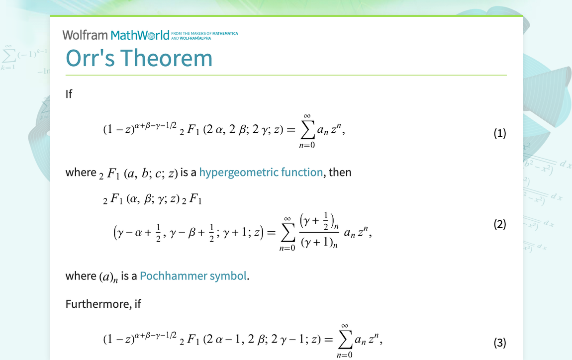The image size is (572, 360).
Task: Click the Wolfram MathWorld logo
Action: pyautogui.click(x=116, y=35)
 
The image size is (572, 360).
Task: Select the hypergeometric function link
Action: pyautogui.click(x=261, y=172)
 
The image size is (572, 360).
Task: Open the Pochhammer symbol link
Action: pyautogui.click(x=193, y=275)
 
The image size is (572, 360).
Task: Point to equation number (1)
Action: pyautogui.click(x=499, y=133)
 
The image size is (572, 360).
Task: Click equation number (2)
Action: pyautogui.click(x=499, y=224)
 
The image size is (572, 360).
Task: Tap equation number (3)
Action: pyautogui.click(x=499, y=343)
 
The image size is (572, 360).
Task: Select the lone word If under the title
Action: pyautogui.click(x=69, y=93)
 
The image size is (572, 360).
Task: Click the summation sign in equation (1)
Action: pyautogui.click(x=307, y=131)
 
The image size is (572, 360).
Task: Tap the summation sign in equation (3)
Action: pyautogui.click(x=344, y=340)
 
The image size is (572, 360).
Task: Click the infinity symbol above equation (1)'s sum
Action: pyautogui.click(x=307, y=116)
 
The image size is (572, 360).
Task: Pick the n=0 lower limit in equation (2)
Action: pyautogui.click(x=287, y=248)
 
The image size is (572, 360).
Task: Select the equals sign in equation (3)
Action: pyautogui.click(x=327, y=340)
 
